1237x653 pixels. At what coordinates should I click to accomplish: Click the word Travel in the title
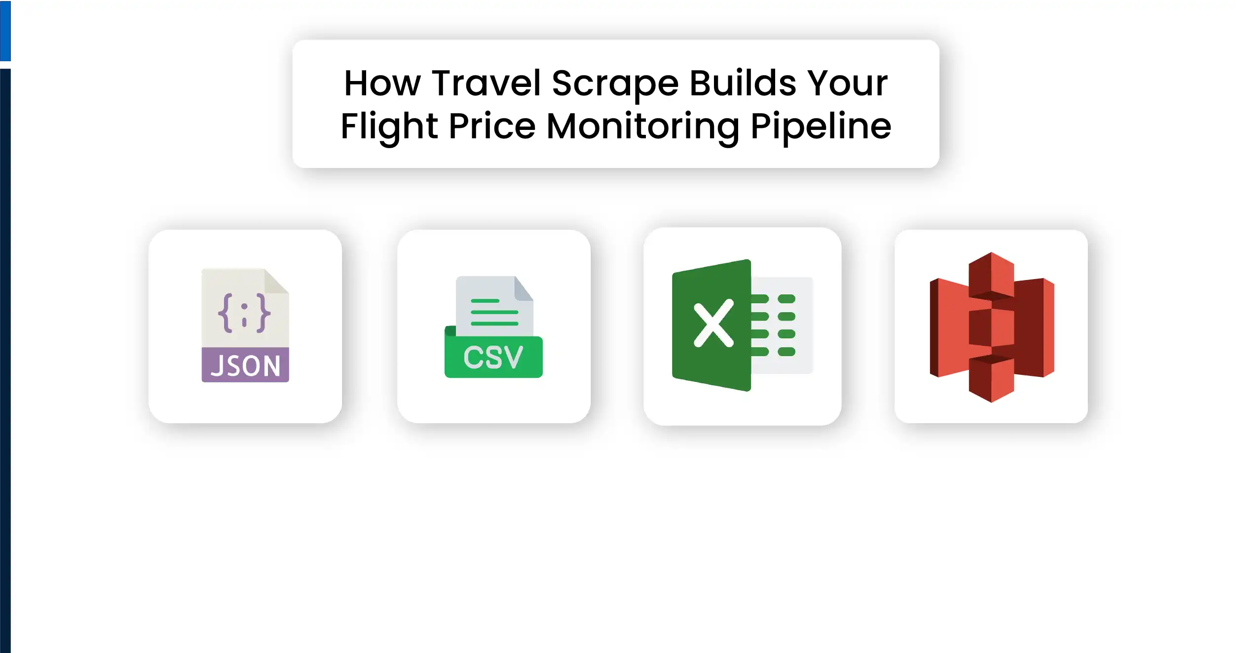[x=486, y=83]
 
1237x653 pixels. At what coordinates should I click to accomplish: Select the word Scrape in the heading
[x=615, y=83]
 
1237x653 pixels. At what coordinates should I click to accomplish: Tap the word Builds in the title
[x=743, y=83]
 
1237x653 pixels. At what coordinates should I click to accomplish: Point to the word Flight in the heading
[x=389, y=126]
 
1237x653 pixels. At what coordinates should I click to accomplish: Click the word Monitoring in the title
[x=642, y=126]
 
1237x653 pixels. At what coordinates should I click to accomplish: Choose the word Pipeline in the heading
[x=821, y=126]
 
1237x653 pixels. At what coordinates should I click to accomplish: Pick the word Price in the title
[x=492, y=126]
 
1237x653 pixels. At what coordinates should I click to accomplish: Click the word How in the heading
[x=382, y=83]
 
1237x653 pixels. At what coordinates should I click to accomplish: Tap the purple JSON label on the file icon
[x=245, y=366]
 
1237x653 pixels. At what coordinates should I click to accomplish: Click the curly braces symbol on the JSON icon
[x=244, y=313]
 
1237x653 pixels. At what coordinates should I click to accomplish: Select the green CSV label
[x=493, y=357]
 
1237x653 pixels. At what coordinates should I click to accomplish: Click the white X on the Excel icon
[x=713, y=325]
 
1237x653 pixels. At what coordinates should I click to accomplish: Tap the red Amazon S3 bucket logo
[x=991, y=327]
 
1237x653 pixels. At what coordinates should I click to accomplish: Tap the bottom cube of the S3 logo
[x=991, y=379]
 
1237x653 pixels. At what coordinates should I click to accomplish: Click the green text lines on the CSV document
[x=494, y=312]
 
